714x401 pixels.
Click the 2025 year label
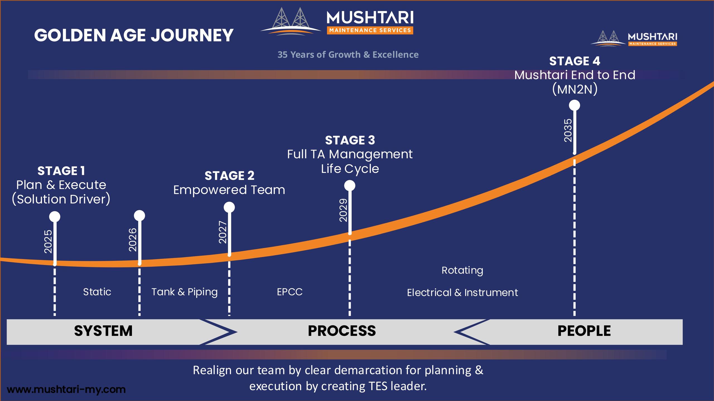[x=48, y=241]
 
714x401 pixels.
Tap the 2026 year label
[x=133, y=240]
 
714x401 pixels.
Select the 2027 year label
[x=223, y=232]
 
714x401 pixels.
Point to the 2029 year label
[x=343, y=210]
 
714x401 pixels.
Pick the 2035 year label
[x=568, y=130]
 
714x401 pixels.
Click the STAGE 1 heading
[x=61, y=171]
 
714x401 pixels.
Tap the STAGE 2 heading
[x=229, y=176]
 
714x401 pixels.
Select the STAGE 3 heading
[x=350, y=140]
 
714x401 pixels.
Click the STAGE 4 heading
[x=575, y=61]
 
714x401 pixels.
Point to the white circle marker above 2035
[x=575, y=106]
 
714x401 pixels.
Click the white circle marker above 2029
[x=350, y=185]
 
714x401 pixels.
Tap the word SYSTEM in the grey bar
[x=103, y=331]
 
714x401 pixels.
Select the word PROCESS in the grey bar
[x=342, y=331]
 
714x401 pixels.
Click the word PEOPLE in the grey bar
[x=584, y=331]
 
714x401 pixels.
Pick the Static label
[x=97, y=292]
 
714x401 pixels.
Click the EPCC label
[x=290, y=292]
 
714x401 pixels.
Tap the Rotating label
[x=462, y=270]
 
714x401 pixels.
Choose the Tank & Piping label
[x=184, y=292]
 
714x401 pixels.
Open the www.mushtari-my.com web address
[x=66, y=389]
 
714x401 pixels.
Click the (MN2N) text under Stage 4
[x=575, y=89]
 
